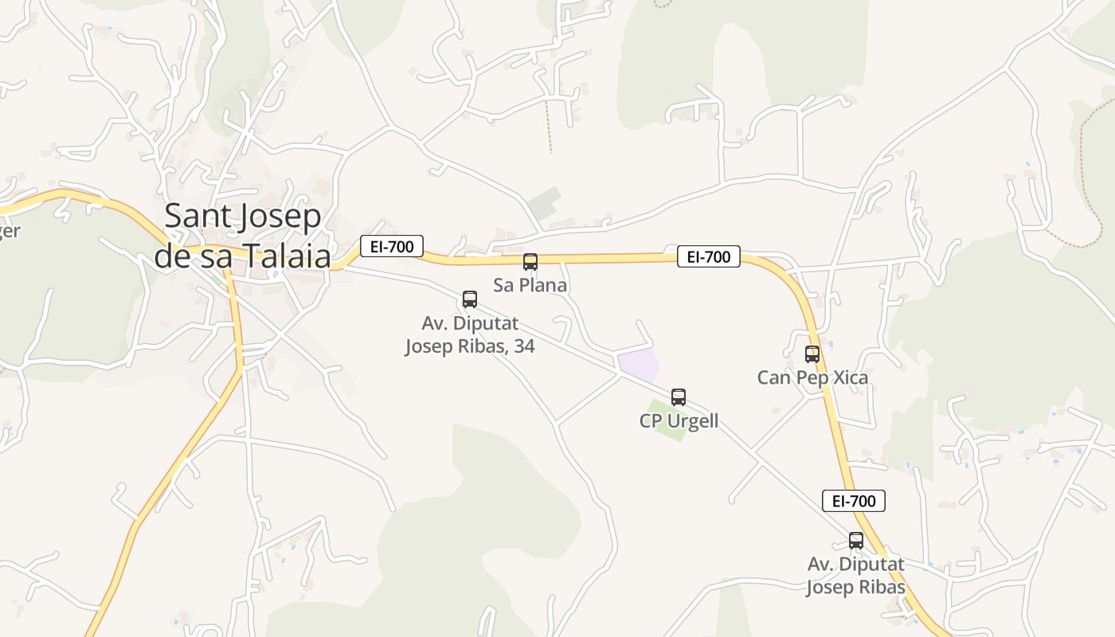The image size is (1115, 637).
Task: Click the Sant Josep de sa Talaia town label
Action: coord(242,236)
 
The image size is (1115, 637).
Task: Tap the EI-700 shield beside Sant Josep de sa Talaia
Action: coord(391,247)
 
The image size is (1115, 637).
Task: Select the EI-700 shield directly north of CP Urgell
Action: coord(708,257)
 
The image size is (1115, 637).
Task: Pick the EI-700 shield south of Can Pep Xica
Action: coord(853,501)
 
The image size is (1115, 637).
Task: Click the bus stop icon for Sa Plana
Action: coord(530,261)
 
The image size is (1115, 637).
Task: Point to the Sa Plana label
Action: coord(530,285)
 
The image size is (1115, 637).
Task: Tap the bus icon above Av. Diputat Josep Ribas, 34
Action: coord(470,299)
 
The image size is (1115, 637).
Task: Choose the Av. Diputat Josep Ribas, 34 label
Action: coord(470,335)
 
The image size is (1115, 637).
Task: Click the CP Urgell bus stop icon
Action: coord(678,397)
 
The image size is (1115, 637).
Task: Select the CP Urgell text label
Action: coord(679,421)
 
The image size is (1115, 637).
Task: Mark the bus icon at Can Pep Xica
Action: coord(812,354)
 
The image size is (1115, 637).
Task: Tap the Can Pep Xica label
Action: coord(812,377)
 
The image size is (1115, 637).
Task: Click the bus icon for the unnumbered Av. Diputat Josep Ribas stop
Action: coord(855,541)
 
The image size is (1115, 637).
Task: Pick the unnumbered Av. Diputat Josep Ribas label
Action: coord(855,576)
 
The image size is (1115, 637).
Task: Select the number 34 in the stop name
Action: coord(523,346)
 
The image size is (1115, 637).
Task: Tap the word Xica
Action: coord(847,377)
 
